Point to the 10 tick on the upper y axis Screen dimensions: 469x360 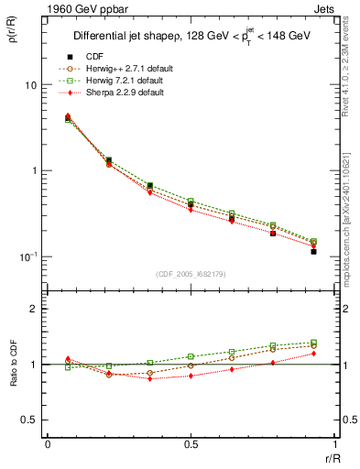point(29,85)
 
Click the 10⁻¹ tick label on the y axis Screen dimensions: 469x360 point(27,256)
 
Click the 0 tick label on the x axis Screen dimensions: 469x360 point(48,445)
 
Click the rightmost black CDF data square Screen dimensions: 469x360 point(313,251)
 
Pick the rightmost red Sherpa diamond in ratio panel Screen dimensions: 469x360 point(313,353)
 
